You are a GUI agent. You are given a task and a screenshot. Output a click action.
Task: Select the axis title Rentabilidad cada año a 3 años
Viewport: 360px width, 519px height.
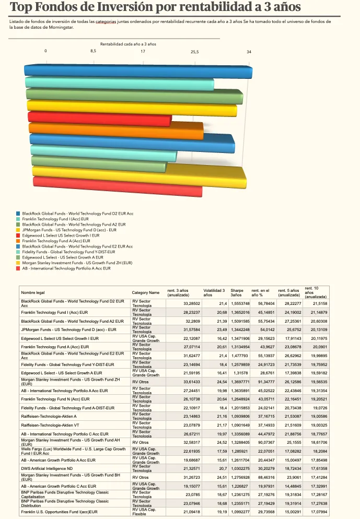(128, 44)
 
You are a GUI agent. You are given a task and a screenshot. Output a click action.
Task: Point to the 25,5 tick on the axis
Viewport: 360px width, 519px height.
(194, 51)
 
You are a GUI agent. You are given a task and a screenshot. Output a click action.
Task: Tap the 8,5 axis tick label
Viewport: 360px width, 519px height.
(93, 51)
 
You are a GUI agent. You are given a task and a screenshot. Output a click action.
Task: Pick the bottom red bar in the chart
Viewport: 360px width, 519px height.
(117, 187)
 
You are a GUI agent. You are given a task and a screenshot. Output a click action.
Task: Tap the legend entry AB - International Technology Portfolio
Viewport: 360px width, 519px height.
(66, 268)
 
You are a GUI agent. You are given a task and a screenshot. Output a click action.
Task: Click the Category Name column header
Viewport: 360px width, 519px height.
(146, 293)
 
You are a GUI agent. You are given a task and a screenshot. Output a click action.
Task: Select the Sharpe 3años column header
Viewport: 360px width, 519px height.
(237, 293)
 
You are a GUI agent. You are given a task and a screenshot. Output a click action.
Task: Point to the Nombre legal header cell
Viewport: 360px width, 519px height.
(33, 293)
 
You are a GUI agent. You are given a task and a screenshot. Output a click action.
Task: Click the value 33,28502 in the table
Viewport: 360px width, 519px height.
(192, 303)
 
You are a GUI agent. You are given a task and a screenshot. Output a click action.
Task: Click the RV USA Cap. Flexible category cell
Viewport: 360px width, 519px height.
(146, 512)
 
